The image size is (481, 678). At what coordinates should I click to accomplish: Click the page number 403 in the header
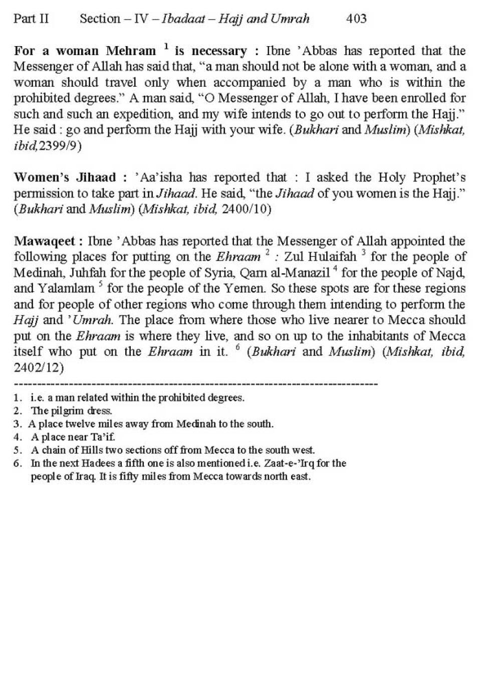(356, 19)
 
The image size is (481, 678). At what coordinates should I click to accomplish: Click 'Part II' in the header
(31, 19)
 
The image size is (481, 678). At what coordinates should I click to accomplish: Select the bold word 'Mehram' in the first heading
(131, 51)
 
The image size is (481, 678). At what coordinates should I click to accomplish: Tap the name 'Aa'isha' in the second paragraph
(160, 177)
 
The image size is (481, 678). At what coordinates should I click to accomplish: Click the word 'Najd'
(452, 273)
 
